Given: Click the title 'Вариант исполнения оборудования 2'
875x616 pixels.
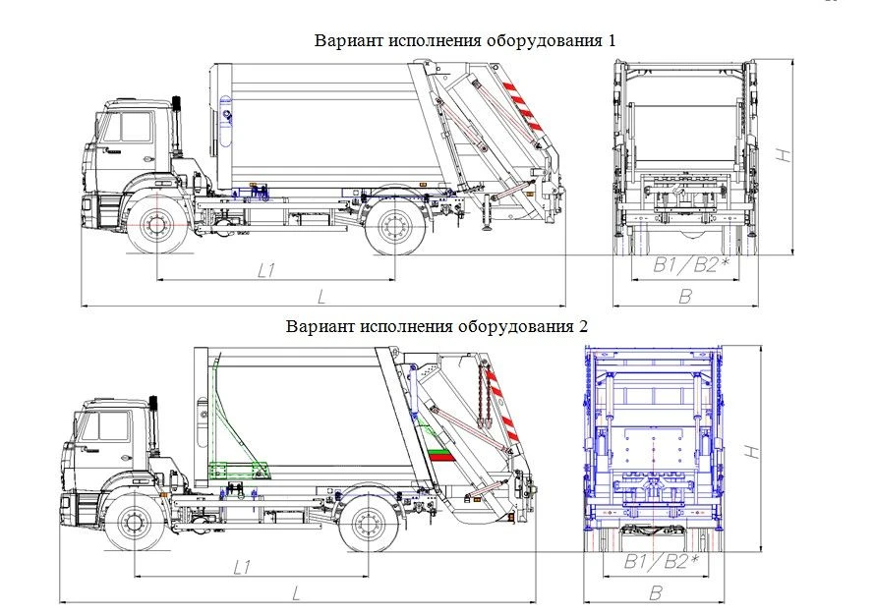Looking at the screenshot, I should tap(437, 326).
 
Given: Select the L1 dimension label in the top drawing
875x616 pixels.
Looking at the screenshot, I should tap(265, 270).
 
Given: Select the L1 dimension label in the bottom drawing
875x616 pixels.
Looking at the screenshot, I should tap(243, 567).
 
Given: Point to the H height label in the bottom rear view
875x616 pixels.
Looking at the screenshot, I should tap(751, 451).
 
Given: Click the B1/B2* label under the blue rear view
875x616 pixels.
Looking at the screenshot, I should tap(662, 562).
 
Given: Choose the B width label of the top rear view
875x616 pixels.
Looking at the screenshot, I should tap(686, 296).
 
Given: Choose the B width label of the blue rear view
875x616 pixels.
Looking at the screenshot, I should tap(656, 592).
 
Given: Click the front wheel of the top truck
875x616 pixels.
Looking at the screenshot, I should tap(156, 227).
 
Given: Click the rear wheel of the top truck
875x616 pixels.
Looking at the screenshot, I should tap(395, 228).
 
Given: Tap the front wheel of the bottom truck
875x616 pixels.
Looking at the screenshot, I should tap(134, 523).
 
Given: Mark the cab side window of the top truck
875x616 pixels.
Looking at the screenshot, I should tap(133, 129).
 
